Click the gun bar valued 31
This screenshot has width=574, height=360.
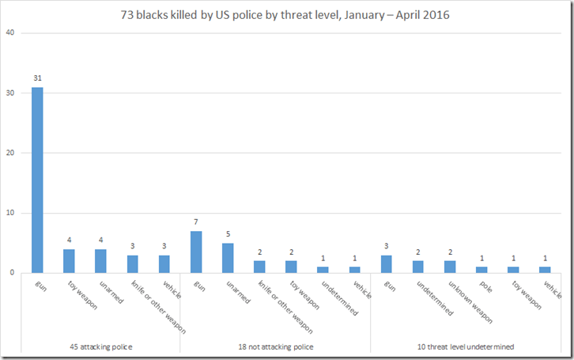point(37,180)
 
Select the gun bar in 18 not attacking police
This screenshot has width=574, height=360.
point(196,252)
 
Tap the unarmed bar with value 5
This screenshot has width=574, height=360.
point(228,258)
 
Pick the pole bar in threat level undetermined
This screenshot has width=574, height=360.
point(481,270)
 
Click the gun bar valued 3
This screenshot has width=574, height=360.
point(387,263)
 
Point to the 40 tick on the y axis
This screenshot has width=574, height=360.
point(9,33)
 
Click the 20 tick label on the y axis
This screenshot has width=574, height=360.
point(9,153)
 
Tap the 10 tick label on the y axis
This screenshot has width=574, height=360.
point(9,213)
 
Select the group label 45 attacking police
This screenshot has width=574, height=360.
point(100,347)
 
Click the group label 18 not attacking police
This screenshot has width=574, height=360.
point(275,347)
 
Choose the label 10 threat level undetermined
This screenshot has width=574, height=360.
point(466,347)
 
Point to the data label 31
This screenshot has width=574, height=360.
point(37,78)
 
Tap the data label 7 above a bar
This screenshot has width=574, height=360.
point(196,222)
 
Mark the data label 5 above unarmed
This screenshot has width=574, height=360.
point(228,234)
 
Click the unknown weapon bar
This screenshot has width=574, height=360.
point(450,267)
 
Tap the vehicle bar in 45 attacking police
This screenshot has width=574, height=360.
point(164,263)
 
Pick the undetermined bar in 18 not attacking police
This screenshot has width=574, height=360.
point(323,270)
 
